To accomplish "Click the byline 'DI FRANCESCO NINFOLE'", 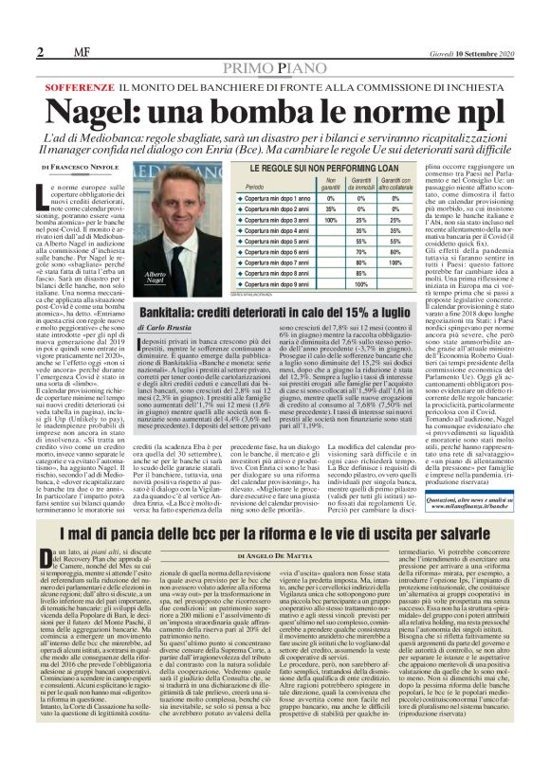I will [x=82, y=167].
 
